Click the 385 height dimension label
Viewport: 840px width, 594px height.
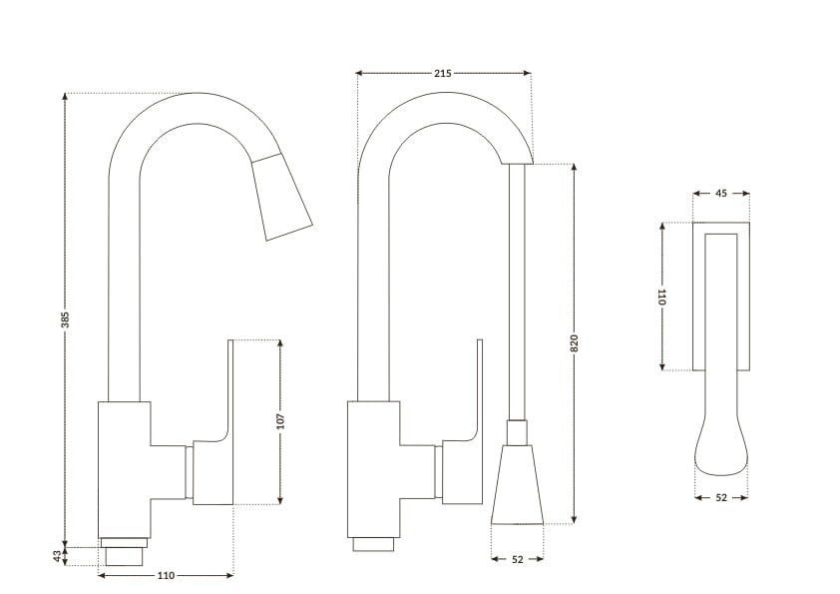(x=65, y=319)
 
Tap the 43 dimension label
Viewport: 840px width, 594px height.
(x=57, y=556)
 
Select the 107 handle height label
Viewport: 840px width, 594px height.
(x=280, y=421)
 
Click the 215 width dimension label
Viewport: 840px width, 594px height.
(x=443, y=73)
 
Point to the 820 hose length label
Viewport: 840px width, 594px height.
(x=574, y=343)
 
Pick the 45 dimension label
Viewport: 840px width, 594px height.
(x=721, y=193)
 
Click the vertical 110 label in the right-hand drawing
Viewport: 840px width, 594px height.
(x=662, y=297)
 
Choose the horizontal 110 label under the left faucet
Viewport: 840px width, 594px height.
(x=166, y=576)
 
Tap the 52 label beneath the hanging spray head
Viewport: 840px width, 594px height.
(x=517, y=559)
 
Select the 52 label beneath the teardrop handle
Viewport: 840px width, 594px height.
(x=721, y=497)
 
